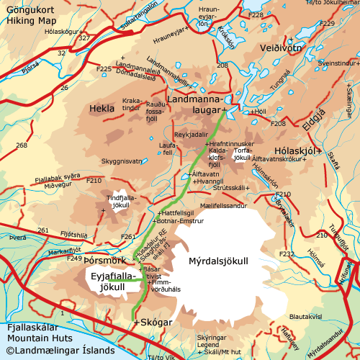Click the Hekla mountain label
coord(102,108)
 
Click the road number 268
coord(22,145)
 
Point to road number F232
coord(287,254)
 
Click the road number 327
coord(84,37)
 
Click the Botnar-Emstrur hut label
coord(181,221)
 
